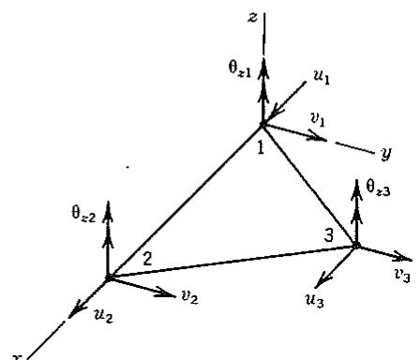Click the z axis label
252,18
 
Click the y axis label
386,153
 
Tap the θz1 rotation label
239,68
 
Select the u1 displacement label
322,77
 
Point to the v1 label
318,119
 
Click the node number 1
261,147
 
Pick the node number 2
147,259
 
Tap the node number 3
328,235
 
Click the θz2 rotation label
83,214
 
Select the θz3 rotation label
378,187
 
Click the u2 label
103,315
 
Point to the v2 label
189,296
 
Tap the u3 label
314,301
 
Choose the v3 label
402,275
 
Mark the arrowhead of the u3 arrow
322,279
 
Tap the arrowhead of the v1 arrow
317,136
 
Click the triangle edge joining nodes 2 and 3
232,262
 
